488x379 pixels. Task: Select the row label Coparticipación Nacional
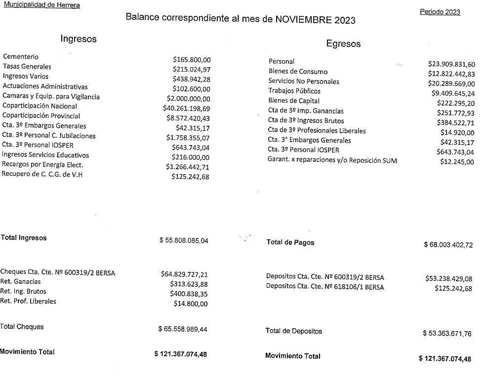tap(40, 106)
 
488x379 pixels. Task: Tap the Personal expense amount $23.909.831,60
tap(451, 64)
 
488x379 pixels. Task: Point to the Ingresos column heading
tap(79, 38)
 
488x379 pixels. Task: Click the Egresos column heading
tap(343, 44)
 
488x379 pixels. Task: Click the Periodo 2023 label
tap(440, 12)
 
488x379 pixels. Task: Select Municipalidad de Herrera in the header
tap(41, 5)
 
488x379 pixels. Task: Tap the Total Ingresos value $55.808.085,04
tap(184, 241)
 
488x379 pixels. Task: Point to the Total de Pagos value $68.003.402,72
tap(448, 245)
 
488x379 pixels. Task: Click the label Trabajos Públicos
tap(294, 91)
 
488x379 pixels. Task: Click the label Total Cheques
tap(22, 327)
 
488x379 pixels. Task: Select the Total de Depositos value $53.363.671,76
tap(447, 334)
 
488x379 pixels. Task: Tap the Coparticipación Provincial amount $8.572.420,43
tap(189, 118)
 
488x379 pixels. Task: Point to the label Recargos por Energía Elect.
tap(43, 165)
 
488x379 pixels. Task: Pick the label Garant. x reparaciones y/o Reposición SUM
tap(332, 160)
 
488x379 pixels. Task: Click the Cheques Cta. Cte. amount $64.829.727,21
tap(185, 274)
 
